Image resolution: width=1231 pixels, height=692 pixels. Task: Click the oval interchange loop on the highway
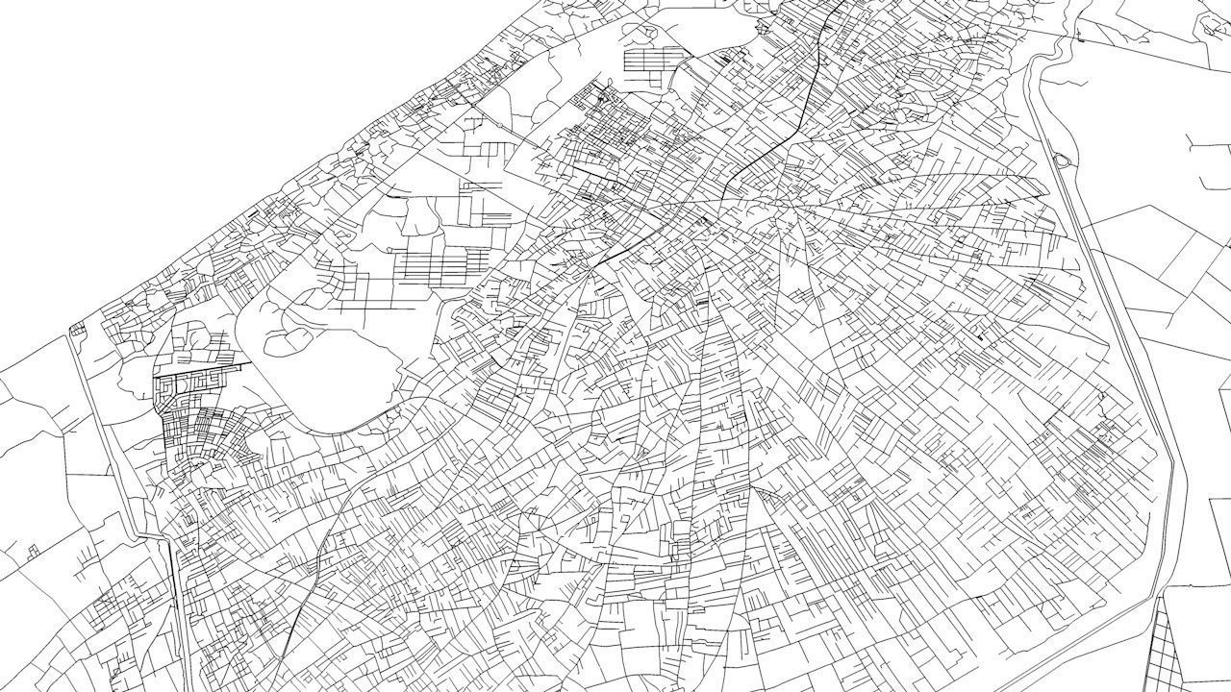pyautogui.click(x=1063, y=161)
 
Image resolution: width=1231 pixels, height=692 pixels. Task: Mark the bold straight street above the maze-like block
pyautogui.click(x=202, y=367)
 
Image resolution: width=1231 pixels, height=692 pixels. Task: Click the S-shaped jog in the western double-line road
pyautogui.click(x=154, y=534)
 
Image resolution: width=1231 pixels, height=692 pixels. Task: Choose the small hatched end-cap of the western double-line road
pyautogui.click(x=74, y=330)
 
